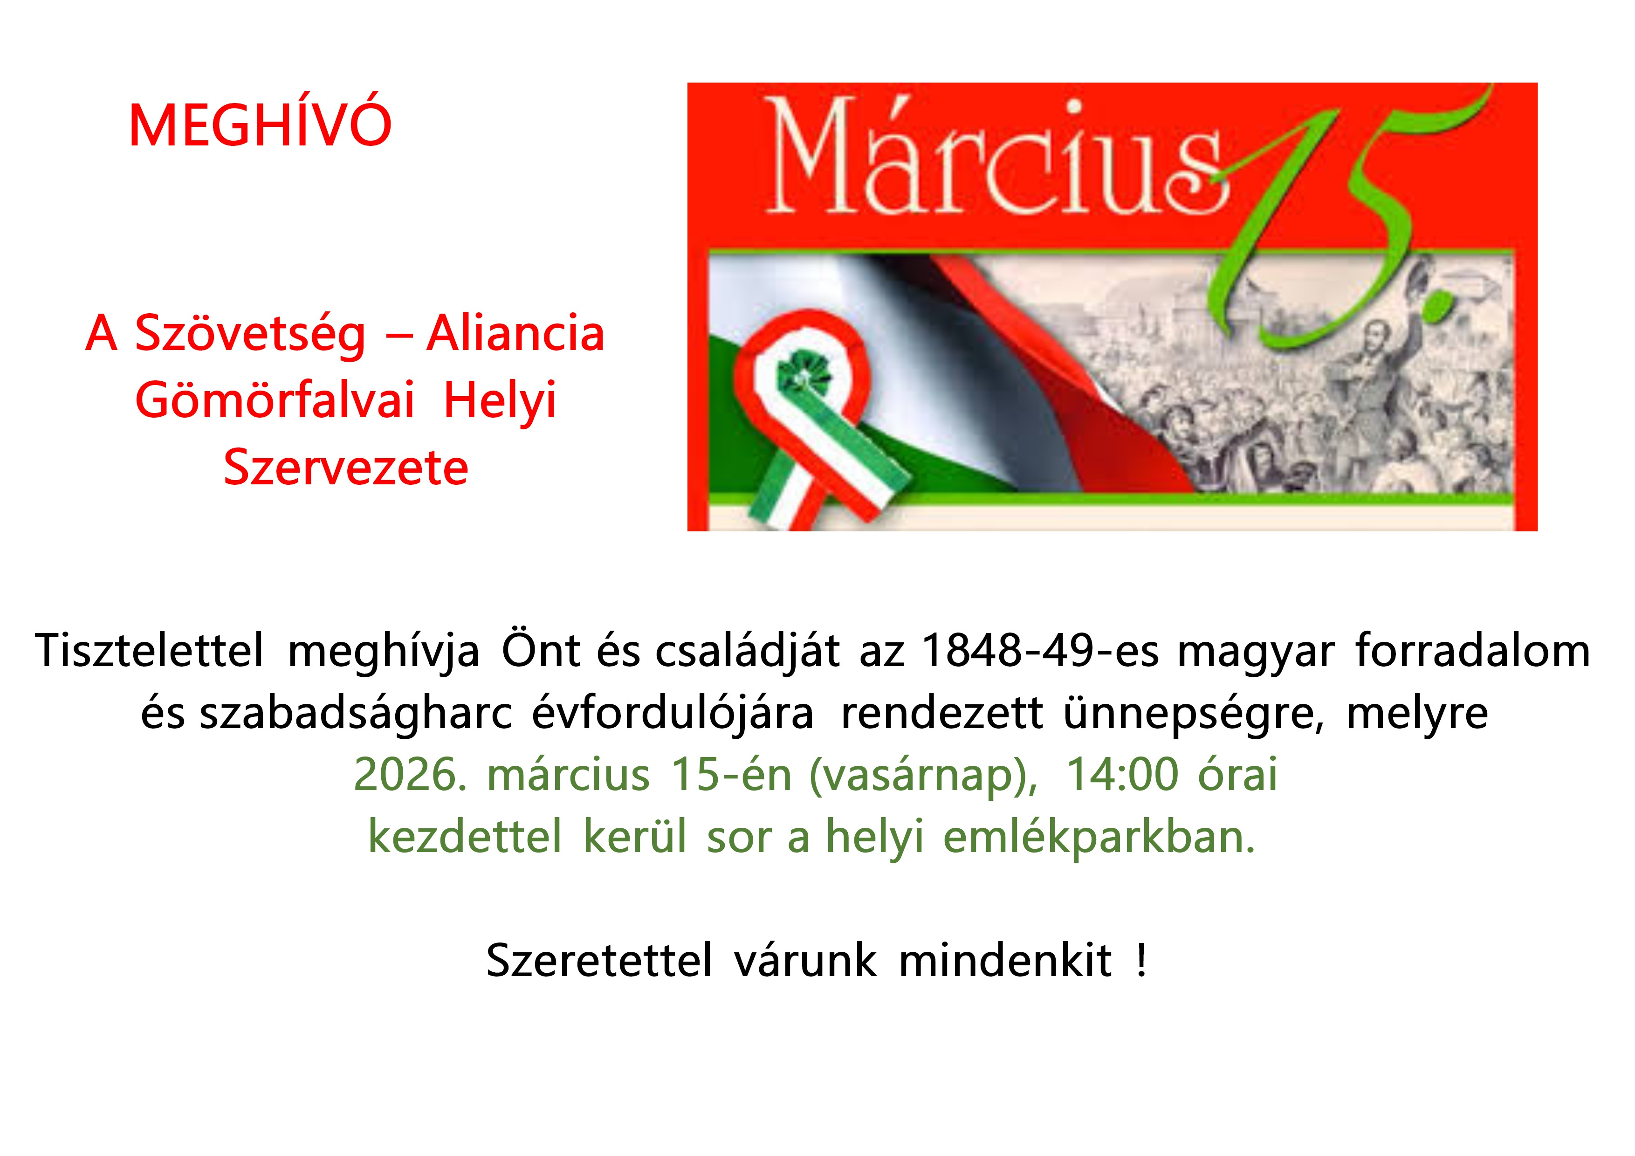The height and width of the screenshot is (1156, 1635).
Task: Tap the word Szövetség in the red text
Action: point(251,334)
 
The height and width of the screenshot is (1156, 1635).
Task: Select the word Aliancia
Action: point(515,333)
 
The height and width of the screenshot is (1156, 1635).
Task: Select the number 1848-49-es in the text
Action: point(1040,650)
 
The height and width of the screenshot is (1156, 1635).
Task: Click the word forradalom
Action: point(1473,650)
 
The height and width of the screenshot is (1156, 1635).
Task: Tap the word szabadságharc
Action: point(355,713)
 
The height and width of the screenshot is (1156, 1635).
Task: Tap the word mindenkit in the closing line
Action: point(1005,960)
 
